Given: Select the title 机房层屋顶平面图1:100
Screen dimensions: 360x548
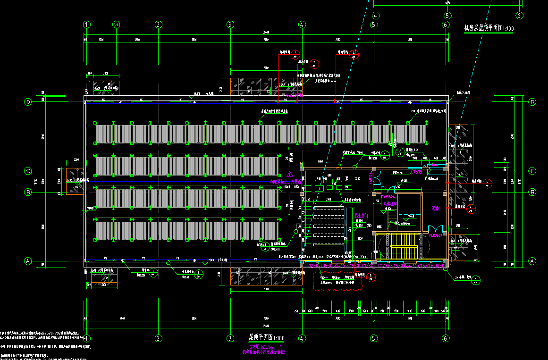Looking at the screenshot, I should click(x=489, y=29).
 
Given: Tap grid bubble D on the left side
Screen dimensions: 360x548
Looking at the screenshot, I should click(x=28, y=102).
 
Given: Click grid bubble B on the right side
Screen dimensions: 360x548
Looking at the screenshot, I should click(x=533, y=192).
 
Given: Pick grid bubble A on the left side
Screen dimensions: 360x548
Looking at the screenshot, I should click(x=28, y=261).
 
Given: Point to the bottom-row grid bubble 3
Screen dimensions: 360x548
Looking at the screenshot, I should click(x=230, y=338).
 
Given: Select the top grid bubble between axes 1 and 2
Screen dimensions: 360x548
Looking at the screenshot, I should click(x=116, y=25).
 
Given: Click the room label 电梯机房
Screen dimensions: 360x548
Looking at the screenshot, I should click(x=390, y=204).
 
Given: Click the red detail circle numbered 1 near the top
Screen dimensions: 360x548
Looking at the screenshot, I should click(x=295, y=53).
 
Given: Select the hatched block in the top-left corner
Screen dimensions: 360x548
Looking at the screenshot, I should click(x=106, y=88).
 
